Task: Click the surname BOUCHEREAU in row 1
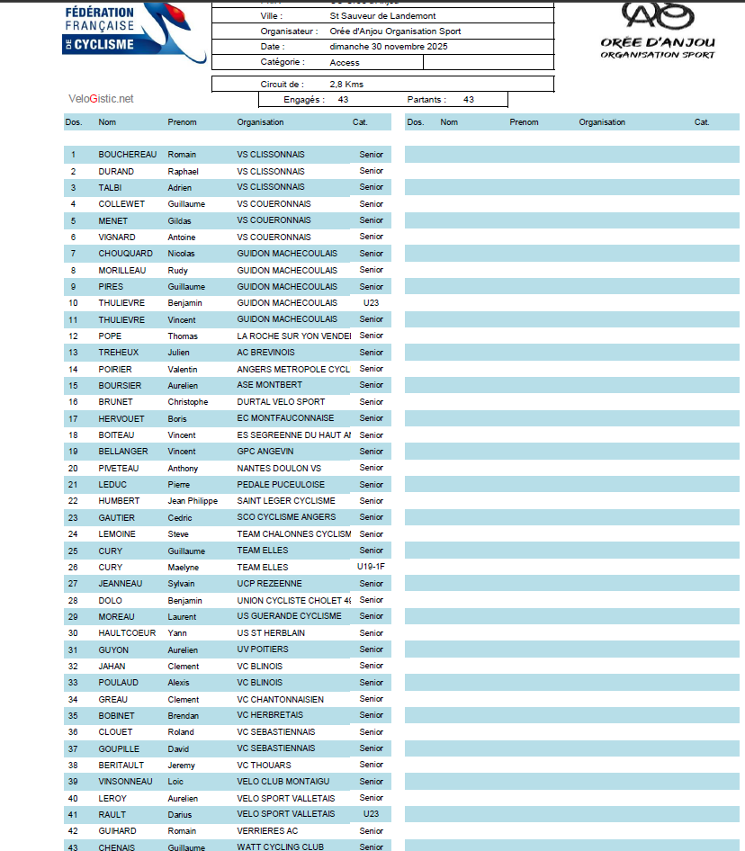point(126,155)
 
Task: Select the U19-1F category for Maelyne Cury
point(371,567)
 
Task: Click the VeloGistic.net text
point(101,99)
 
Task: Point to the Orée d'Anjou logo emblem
point(659,15)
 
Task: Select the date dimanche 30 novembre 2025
point(389,47)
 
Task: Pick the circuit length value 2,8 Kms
point(346,84)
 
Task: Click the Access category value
point(345,63)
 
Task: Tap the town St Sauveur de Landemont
point(381,16)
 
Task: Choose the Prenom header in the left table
point(182,122)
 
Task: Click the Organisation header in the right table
point(602,122)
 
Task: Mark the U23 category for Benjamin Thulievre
point(371,303)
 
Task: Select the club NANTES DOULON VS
point(279,468)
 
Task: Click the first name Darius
point(180,814)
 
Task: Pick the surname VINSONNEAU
point(125,781)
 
